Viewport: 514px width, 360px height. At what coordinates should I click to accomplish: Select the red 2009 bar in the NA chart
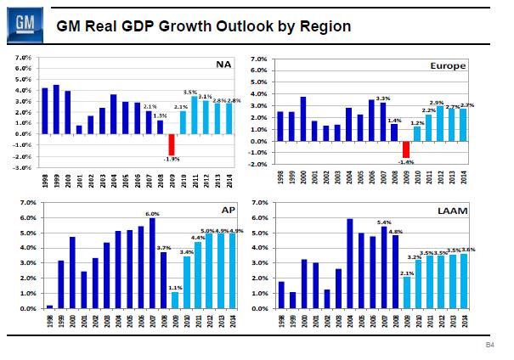tap(171, 145)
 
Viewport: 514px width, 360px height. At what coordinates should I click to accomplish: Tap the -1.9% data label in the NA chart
tap(172, 160)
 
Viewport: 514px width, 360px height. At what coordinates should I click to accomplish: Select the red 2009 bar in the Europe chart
tap(405, 149)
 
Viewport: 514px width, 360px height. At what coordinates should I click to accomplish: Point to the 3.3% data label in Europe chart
tap(382, 98)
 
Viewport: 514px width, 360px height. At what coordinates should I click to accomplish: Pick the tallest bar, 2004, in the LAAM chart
tap(349, 263)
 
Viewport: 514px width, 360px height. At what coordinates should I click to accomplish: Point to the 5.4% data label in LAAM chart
tap(383, 222)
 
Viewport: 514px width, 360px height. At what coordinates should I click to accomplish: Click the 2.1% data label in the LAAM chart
tap(405, 273)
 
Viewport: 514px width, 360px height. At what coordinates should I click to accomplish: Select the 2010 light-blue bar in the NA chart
tap(182, 123)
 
